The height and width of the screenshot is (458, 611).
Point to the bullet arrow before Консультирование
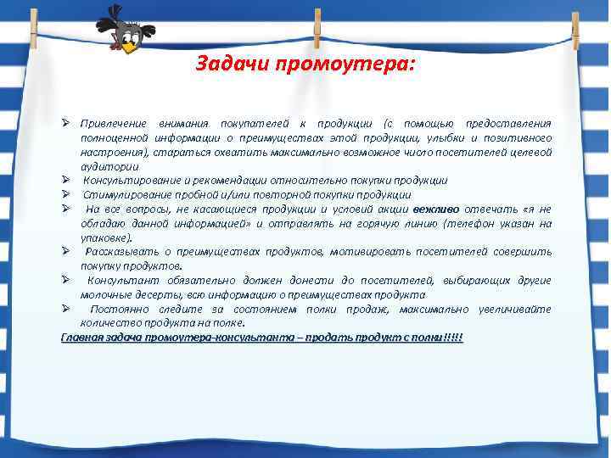[65, 180]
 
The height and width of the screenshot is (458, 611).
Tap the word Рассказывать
[121, 252]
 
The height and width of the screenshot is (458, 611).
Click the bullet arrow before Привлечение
[65, 123]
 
